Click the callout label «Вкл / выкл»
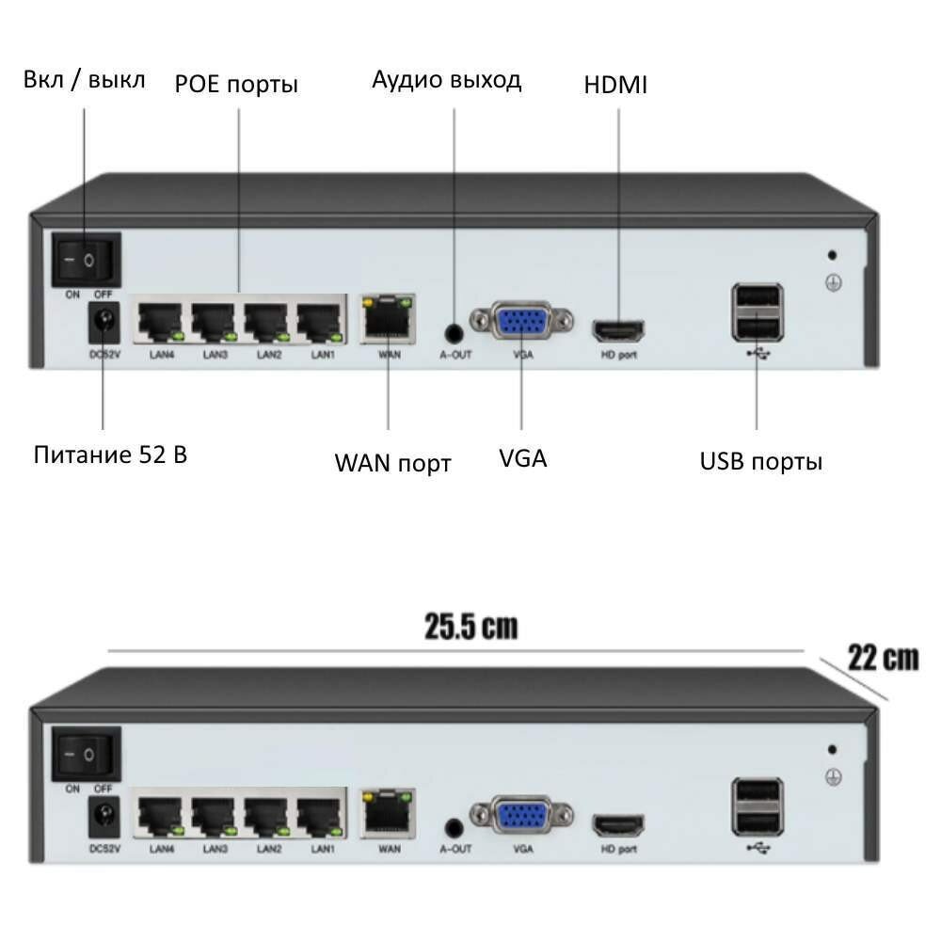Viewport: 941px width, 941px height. coord(84,80)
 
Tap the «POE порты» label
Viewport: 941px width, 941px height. coord(236,85)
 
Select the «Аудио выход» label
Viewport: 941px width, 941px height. coord(446,80)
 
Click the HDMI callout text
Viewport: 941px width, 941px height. coord(615,85)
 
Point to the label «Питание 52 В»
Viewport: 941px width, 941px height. coord(110,455)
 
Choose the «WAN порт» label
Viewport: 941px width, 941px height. coord(392,463)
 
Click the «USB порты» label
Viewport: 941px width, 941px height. coord(760,461)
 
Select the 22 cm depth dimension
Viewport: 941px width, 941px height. coord(882,657)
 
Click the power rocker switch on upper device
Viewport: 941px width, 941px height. coord(87,259)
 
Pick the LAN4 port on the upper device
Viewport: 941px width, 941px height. coord(161,323)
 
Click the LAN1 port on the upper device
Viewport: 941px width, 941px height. coord(321,323)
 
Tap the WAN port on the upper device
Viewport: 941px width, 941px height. coord(387,320)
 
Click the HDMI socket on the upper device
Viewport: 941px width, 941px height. coord(618,331)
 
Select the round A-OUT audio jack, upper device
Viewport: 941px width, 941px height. coord(455,332)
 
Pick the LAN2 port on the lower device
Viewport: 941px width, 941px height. coord(268,816)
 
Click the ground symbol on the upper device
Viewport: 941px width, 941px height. coord(833,282)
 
